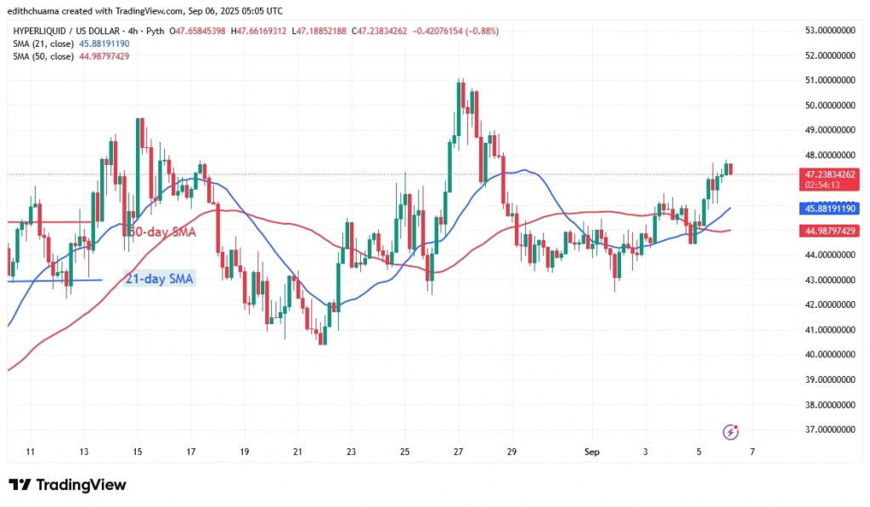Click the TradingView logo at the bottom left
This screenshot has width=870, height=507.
68,485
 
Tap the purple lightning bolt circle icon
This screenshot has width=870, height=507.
729,432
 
